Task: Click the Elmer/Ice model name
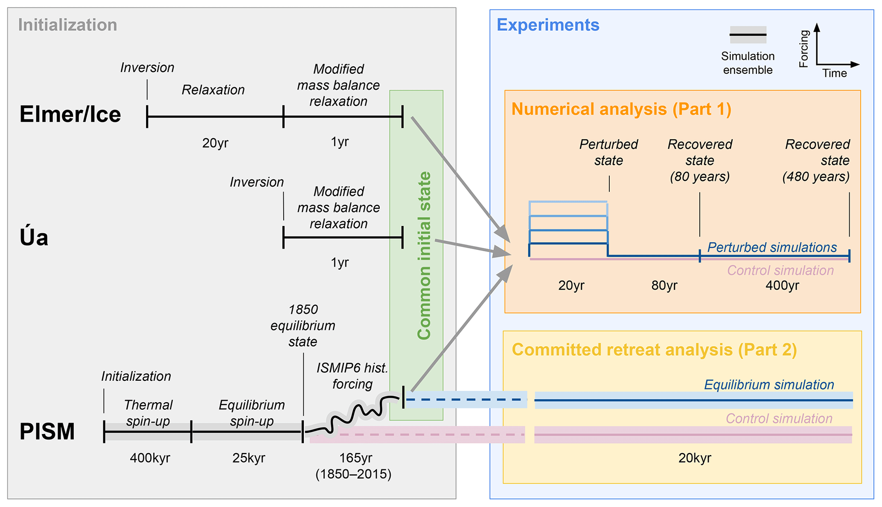point(70,115)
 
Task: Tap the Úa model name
point(34,237)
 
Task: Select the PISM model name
point(47,432)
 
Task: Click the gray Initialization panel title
point(67,25)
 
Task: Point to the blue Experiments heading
point(548,25)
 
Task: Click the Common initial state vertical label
point(424,255)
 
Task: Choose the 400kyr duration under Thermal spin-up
point(150,458)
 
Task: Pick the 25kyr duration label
point(249,458)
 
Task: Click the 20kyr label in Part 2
point(695,458)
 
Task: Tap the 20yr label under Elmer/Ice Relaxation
point(215,143)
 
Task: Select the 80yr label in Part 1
point(664,285)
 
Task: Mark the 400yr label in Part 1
point(782,285)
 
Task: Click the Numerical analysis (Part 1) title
point(621,109)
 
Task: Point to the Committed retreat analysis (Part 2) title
point(654,350)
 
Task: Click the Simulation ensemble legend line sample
point(748,35)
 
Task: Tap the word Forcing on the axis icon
point(804,49)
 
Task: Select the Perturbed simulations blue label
point(772,247)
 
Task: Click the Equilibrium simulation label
point(769,385)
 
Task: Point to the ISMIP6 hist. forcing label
point(352,376)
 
